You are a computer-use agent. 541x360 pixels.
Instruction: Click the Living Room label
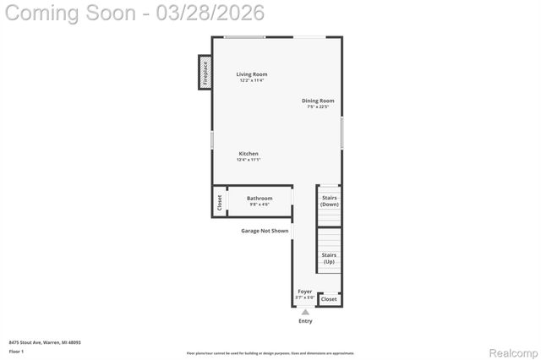point(252,74)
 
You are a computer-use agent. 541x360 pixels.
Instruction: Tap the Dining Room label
point(318,101)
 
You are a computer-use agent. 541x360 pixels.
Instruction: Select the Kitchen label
point(248,154)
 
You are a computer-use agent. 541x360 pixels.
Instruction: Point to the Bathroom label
point(260,199)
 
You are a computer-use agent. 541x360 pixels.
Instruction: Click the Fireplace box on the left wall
point(205,73)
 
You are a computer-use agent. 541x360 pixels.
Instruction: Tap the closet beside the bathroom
point(219,203)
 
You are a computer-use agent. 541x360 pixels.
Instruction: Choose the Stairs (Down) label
point(329,201)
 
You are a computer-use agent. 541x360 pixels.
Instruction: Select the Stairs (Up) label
point(329,258)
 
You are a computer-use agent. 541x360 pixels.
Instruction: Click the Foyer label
point(304,292)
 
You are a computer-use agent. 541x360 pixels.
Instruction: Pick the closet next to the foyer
point(329,299)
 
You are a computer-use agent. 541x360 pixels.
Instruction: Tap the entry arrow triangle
point(305,311)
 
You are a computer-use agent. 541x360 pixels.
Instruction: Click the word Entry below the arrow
point(305,321)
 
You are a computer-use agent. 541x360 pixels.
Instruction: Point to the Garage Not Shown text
point(265,231)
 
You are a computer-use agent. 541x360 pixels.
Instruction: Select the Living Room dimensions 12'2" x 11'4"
point(252,80)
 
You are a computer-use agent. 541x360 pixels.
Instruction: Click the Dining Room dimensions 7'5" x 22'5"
point(318,107)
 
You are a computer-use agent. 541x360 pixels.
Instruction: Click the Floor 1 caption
point(16,350)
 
